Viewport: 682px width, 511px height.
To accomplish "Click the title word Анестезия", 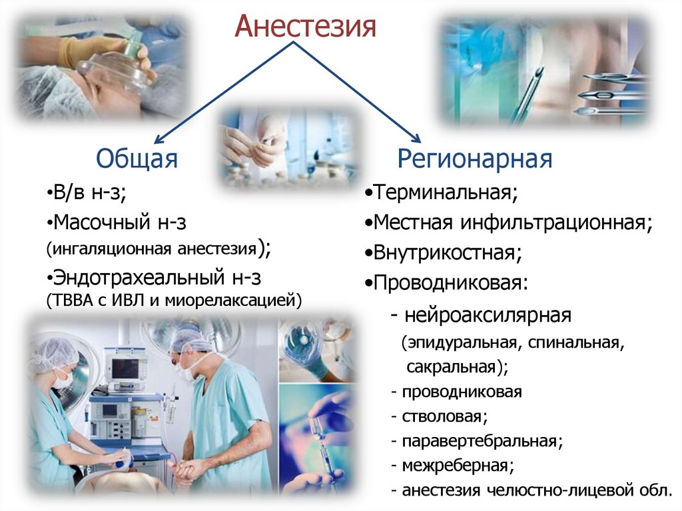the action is coord(305,26).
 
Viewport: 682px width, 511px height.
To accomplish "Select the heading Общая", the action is coord(137,159).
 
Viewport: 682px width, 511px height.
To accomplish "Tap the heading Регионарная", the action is coord(474,159).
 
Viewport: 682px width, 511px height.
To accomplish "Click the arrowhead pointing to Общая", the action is coord(159,139).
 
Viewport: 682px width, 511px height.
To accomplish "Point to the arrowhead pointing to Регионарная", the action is coord(416,137).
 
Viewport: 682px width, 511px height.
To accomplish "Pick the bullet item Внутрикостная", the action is coord(444,253).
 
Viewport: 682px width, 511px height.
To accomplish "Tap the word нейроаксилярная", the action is coord(488,315).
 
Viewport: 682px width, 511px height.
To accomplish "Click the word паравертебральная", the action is coord(480,441).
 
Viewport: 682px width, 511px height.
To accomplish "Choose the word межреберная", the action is coord(455,466).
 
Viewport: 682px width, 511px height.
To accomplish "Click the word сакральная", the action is coord(451,367).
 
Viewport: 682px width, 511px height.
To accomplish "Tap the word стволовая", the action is coord(442,416).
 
